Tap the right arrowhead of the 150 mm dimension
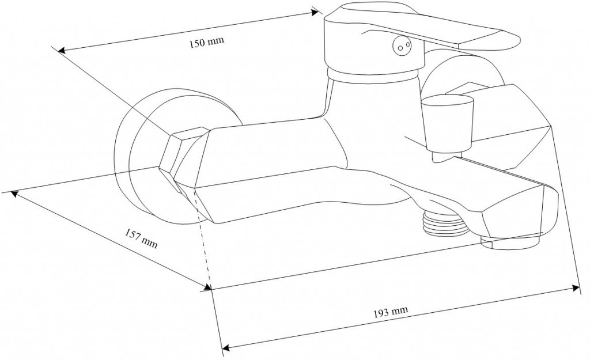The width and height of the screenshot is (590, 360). pyautogui.click(x=315, y=11)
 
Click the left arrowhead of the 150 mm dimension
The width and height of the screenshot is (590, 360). pyautogui.click(x=62, y=51)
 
